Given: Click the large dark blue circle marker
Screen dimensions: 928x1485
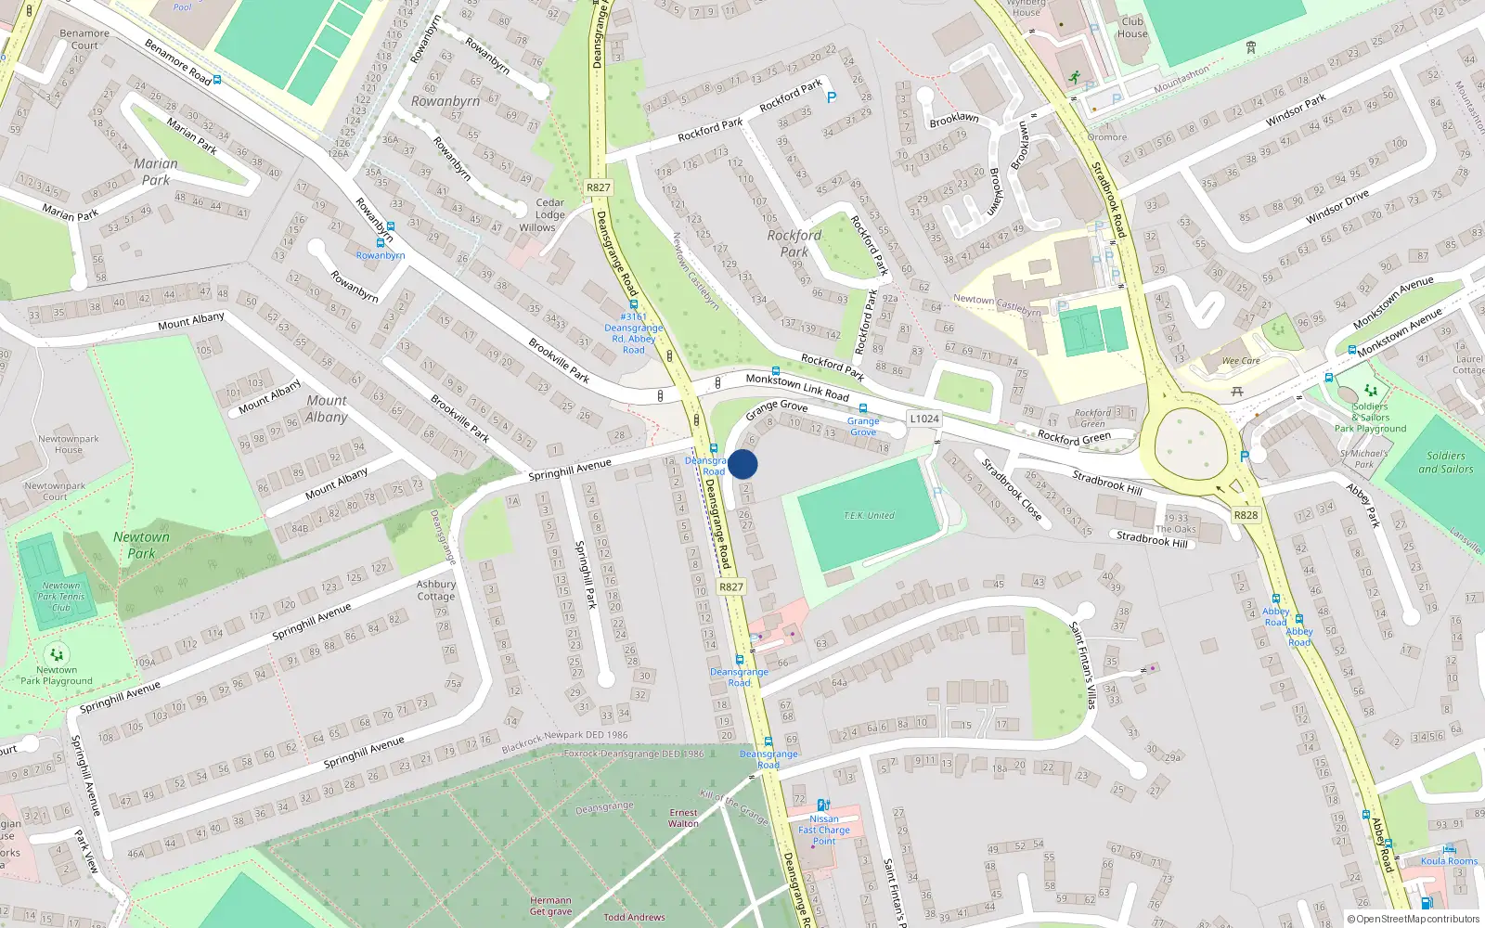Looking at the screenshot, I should tap(742, 464).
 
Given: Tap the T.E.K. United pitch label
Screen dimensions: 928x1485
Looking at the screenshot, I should tap(869, 515).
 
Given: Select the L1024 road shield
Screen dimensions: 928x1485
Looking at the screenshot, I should tap(923, 419).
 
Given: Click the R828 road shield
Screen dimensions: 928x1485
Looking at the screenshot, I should tap(1246, 515).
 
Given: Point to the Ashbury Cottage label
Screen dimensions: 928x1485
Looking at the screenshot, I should tap(436, 590).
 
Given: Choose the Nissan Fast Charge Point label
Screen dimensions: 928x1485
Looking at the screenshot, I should tap(824, 830).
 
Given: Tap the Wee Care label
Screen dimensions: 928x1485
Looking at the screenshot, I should tap(1241, 361).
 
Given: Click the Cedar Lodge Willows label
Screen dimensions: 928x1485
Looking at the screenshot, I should tap(549, 215).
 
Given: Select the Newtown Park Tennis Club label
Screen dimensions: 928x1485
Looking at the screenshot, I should tap(61, 597).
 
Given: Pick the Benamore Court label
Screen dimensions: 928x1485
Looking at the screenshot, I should tap(84, 39).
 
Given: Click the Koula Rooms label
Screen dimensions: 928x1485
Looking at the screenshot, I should tap(1449, 861).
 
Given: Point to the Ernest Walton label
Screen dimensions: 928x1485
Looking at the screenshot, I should tap(683, 818).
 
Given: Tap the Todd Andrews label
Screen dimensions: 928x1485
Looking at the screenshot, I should tap(634, 917).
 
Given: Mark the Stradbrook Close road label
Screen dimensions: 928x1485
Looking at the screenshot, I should tap(1012, 489).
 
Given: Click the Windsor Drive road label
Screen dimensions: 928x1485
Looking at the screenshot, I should tap(1336, 208).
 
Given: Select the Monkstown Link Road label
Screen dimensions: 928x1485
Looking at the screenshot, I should tap(797, 387).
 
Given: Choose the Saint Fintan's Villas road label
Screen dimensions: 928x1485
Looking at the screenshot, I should tap(1083, 664).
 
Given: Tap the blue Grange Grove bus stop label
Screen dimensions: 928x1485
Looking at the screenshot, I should tap(863, 427).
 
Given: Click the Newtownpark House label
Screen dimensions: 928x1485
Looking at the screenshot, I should tap(69, 445).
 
